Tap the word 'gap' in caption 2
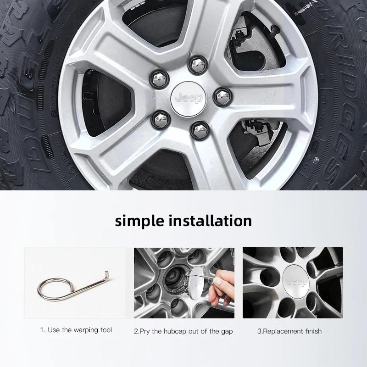[227, 331]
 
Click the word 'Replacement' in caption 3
[281, 331]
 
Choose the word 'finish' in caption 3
[311, 331]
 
